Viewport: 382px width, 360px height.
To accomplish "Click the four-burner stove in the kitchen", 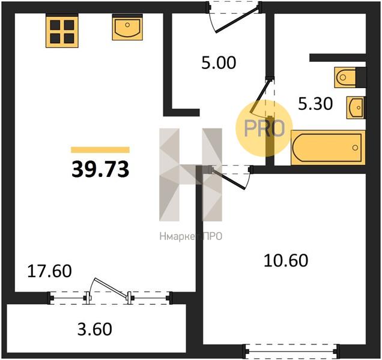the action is tap(62, 31).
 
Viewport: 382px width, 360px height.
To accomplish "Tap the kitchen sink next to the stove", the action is tap(127, 27).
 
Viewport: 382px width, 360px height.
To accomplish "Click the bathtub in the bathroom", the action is tap(328, 148).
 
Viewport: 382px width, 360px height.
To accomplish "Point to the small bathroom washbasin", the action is tap(356, 107).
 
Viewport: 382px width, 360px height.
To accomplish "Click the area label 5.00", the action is tap(219, 63).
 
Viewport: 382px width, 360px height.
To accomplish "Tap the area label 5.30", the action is tap(315, 104).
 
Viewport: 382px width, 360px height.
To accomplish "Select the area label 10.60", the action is tap(286, 260).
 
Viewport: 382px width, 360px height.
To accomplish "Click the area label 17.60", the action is tap(49, 271).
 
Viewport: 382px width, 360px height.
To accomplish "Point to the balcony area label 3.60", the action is tap(95, 329).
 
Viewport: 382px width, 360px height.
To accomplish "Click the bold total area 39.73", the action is tap(100, 169).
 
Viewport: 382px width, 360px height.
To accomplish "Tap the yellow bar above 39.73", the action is tap(100, 149).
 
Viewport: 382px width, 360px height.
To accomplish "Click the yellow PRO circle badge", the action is tap(264, 128).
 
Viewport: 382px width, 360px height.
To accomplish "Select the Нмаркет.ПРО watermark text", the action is tap(191, 236).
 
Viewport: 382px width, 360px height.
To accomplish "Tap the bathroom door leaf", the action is tap(260, 97).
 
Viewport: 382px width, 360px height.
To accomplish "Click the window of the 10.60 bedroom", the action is tap(292, 350).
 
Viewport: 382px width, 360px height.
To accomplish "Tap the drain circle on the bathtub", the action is tap(355, 148).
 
